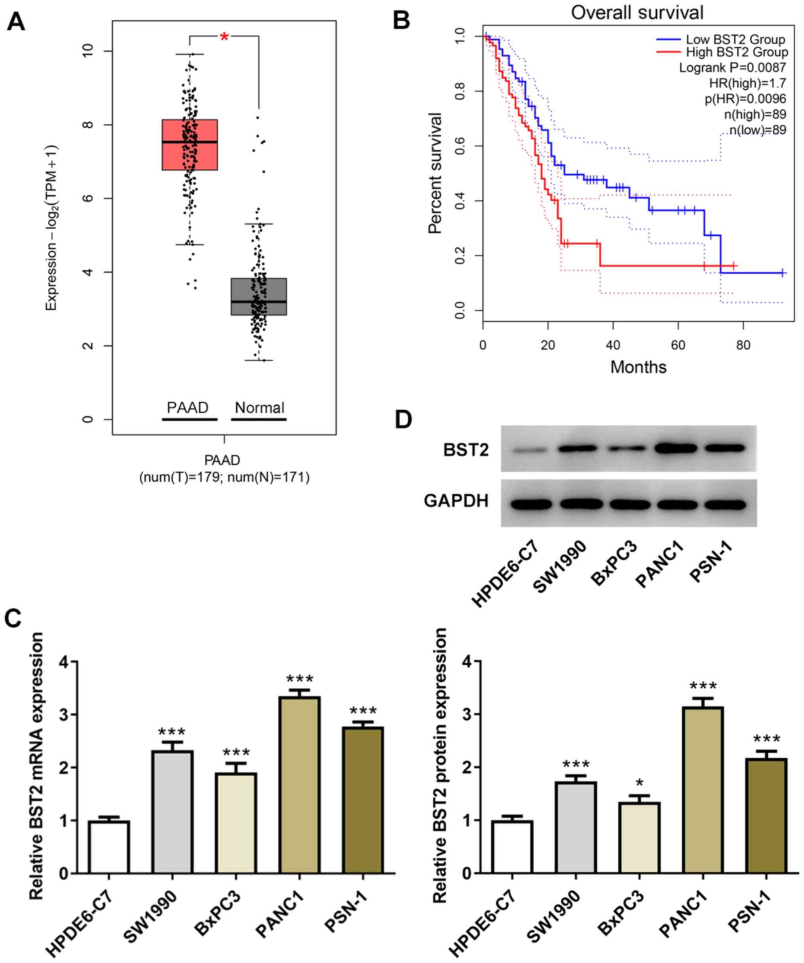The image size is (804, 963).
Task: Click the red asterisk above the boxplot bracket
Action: point(224,37)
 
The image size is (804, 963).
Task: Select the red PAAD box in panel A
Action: point(189,145)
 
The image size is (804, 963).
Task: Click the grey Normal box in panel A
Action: point(258,296)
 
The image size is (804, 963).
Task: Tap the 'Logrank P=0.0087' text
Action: point(732,68)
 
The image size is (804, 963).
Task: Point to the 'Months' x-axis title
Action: point(638,367)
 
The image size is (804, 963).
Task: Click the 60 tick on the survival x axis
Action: point(678,345)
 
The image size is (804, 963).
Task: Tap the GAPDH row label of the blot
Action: point(456,501)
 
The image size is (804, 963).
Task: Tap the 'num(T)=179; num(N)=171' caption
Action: point(224,477)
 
